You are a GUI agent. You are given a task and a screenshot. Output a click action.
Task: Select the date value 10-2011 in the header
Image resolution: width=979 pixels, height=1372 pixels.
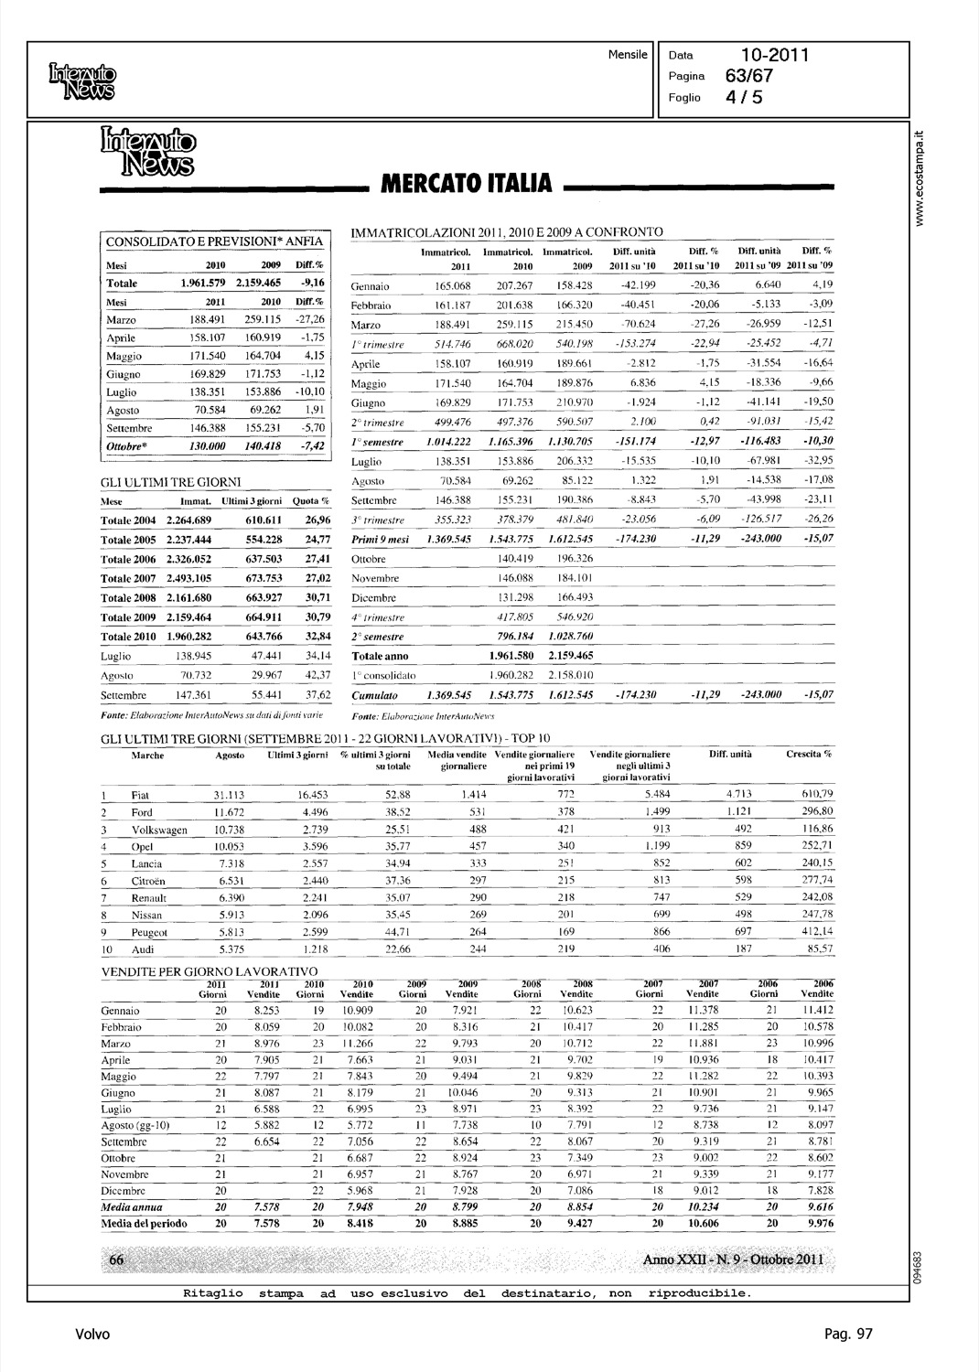coord(775,55)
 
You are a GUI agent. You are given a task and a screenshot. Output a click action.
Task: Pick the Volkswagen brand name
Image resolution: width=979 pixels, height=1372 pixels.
coord(159,830)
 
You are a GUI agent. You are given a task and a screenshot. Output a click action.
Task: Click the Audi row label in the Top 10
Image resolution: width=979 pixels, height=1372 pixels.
coord(143,949)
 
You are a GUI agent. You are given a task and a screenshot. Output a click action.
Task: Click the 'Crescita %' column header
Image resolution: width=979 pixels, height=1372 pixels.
coord(809,755)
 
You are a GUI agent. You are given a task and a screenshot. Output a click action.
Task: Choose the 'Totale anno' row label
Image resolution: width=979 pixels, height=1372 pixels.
coord(380,656)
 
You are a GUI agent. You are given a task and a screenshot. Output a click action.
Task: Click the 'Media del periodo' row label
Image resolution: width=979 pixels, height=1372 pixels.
coord(144,1223)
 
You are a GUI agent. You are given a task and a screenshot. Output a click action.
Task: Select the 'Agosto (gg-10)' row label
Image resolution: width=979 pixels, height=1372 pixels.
coord(135,1124)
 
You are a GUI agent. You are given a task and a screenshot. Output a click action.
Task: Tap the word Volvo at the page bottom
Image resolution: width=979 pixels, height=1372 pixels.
coord(91,1334)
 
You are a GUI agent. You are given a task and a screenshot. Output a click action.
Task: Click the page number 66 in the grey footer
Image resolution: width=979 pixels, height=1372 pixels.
coord(117,1259)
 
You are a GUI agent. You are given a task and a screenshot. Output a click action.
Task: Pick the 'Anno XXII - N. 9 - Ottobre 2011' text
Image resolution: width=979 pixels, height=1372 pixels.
coord(734,1259)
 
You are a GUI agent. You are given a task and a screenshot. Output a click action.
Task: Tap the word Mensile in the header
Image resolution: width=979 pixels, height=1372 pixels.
coord(628,55)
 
